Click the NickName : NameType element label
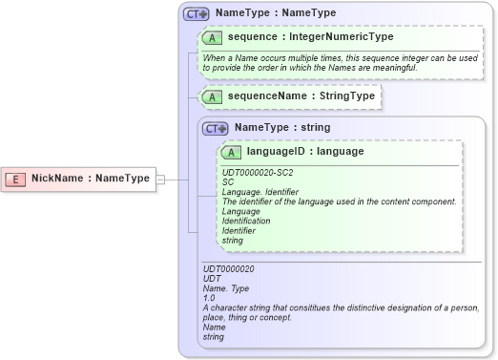90,179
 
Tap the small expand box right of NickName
159,179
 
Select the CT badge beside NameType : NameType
197,14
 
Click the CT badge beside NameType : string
215,128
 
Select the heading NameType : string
282,127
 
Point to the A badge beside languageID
231,153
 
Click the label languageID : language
304,152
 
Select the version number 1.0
210,299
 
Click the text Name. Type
225,289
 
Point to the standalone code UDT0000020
229,270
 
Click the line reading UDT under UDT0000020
212,280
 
